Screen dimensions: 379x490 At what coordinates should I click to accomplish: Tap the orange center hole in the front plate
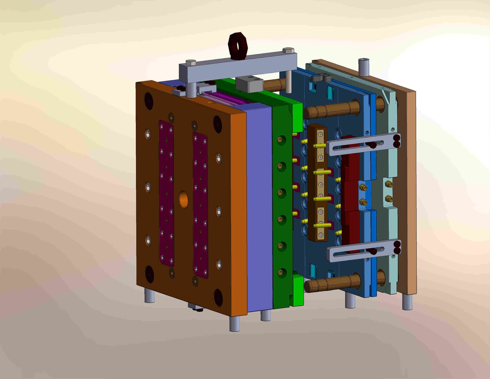tap(183, 199)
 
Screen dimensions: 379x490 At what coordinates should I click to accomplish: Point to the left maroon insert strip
tap(166, 193)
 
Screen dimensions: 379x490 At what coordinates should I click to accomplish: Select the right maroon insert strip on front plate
tap(200, 205)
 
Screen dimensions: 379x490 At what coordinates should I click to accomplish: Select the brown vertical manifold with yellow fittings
tap(317, 182)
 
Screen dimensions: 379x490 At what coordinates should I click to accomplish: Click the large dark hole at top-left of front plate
tap(149, 100)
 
